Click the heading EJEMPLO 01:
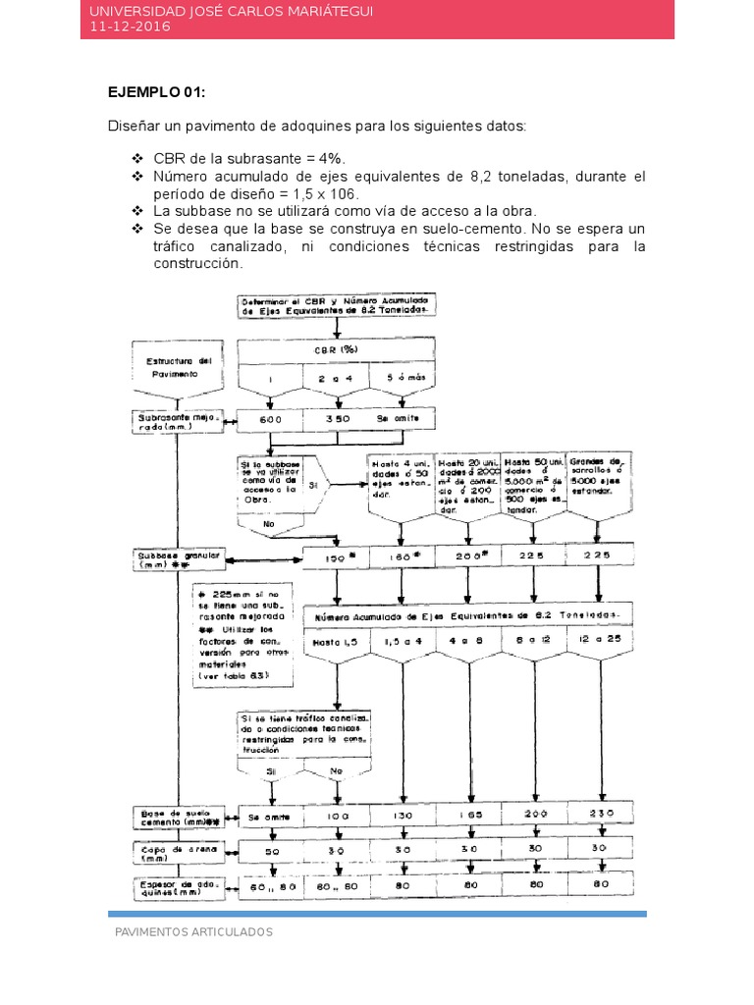pos(157,92)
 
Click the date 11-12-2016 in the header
pos(130,26)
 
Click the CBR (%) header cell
pos(337,349)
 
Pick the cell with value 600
pos(270,419)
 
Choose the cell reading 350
pos(337,419)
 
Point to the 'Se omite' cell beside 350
pos(399,419)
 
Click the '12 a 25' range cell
pos(599,641)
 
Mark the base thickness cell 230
pos(599,815)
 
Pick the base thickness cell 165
pos(467,815)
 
